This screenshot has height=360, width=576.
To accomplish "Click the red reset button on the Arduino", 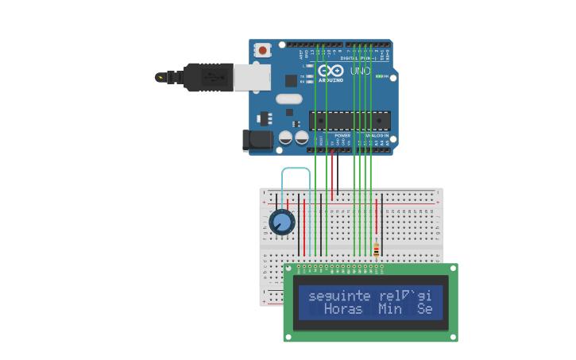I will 262,50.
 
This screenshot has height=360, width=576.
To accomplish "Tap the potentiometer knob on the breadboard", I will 281,222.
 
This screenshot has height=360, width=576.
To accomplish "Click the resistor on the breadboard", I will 376,250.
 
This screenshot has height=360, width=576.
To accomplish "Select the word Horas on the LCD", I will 343,309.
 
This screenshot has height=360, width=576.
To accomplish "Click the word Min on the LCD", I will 390,309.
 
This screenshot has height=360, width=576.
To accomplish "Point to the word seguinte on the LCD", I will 339,296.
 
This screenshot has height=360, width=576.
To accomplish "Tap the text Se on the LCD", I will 425,309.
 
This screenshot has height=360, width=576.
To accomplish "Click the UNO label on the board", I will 360,71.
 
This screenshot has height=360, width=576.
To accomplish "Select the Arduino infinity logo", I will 331,70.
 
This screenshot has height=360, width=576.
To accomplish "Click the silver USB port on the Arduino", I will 252,77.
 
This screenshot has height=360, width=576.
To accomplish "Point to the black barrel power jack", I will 257,141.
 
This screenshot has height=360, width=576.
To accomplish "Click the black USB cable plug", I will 208,77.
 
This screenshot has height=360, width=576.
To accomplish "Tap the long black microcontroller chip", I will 350,120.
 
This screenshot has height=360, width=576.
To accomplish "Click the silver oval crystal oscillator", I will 289,99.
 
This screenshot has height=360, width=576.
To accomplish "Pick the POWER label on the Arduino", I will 342,135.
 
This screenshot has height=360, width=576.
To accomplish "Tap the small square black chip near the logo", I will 291,80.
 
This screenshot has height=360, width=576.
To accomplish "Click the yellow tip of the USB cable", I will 161,77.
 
